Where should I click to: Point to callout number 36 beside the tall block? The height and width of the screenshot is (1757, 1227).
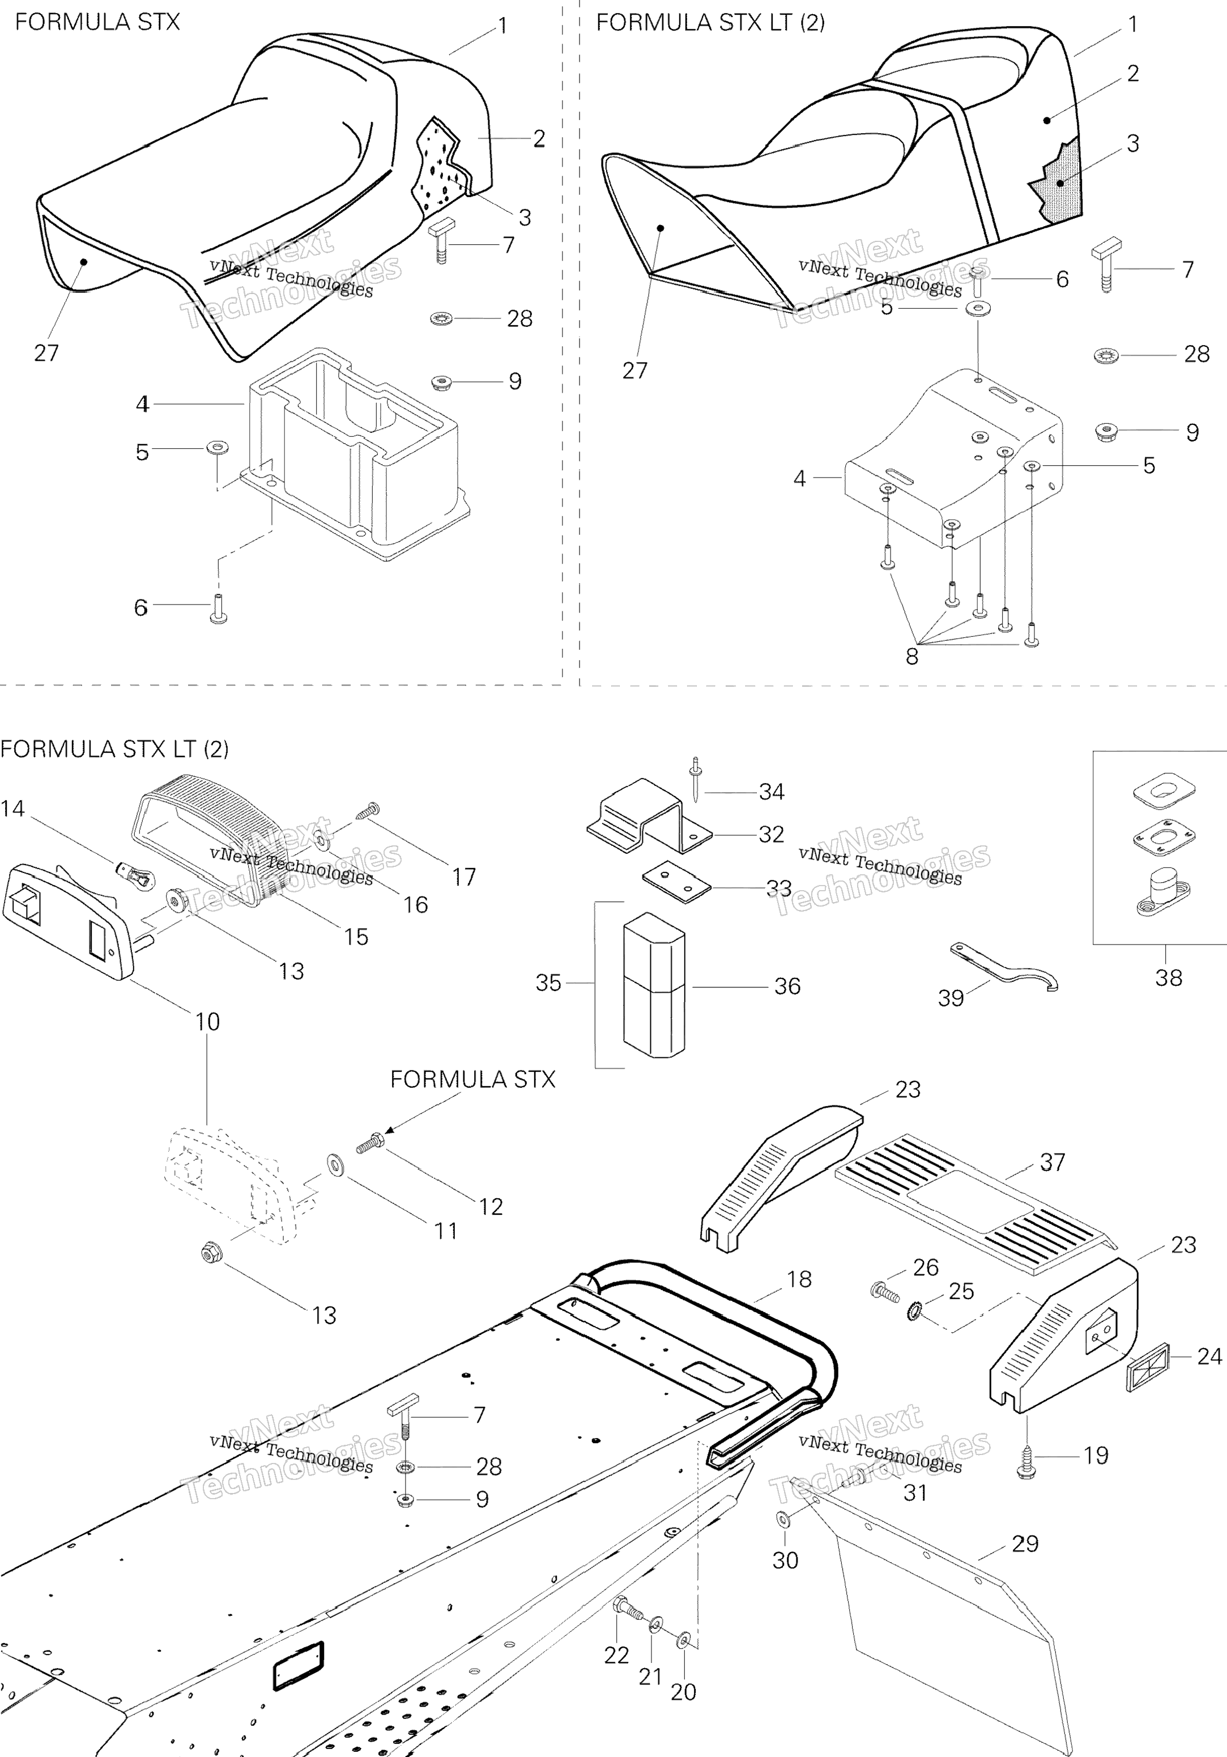787,986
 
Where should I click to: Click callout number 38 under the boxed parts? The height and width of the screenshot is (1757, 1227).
1168,977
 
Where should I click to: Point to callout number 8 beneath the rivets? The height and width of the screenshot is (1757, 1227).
912,657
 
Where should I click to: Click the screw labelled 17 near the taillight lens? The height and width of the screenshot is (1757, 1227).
369,809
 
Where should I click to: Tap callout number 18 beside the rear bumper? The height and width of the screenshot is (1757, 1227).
799,1279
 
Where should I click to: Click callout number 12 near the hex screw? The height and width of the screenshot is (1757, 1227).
491,1207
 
